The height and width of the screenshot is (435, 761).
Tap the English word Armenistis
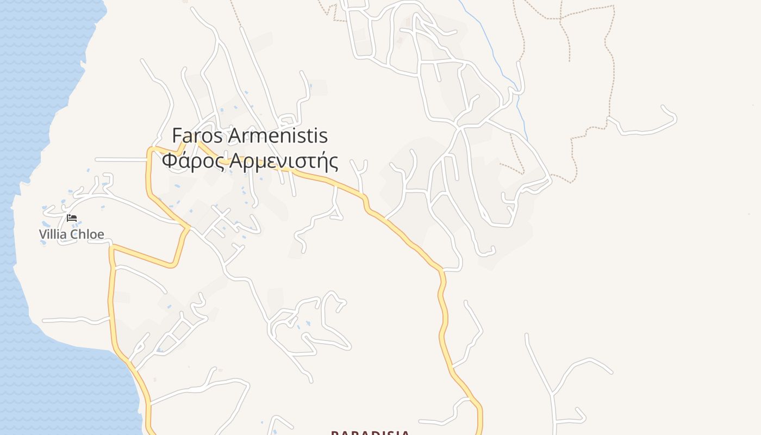(277, 135)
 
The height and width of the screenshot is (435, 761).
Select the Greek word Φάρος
(193, 161)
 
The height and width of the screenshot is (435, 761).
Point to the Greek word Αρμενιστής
(284, 161)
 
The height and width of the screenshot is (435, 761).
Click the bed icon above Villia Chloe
(72, 218)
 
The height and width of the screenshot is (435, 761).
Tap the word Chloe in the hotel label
(88, 234)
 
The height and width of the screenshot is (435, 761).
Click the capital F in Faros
(177, 135)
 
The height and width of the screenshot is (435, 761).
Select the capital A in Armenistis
(235, 135)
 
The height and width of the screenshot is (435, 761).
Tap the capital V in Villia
(42, 234)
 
